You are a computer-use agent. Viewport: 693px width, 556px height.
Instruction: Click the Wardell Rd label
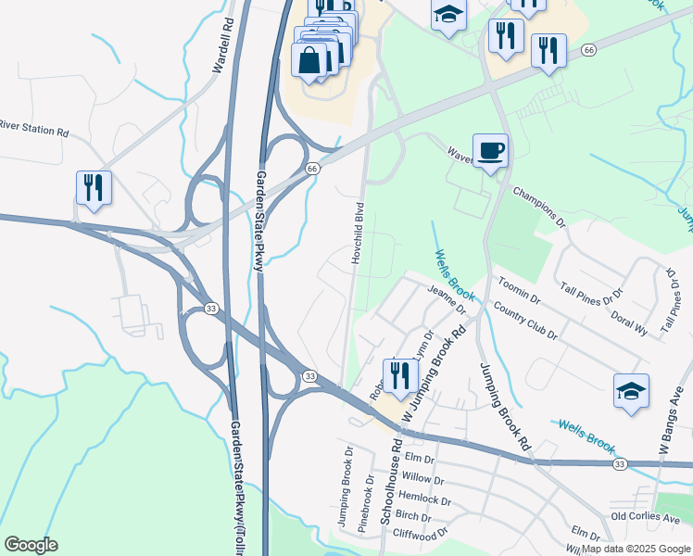pyautogui.click(x=220, y=44)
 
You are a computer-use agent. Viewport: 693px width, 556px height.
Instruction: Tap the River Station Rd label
pyautogui.click(x=33, y=128)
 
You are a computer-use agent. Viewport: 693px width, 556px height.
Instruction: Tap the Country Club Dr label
pyautogui.click(x=525, y=321)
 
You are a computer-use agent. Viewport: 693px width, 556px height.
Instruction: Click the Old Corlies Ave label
pyautogui.click(x=646, y=516)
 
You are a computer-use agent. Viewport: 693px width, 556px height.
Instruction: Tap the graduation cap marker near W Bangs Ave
pyautogui.click(x=631, y=391)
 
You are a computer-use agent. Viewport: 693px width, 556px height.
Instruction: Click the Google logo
pyautogui.click(x=32, y=545)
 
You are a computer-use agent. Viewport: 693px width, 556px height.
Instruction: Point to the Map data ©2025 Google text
pyautogui.click(x=636, y=549)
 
